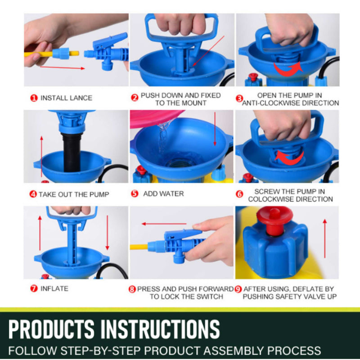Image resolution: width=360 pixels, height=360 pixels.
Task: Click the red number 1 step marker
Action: tap(33, 98)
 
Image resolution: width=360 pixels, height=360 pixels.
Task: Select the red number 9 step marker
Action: tap(238, 289)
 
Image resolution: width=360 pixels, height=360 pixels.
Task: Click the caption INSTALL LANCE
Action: tap(66, 98)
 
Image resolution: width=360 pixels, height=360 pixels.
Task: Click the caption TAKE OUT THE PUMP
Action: tap(74, 194)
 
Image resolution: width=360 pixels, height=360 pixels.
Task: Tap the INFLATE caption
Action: tap(54, 288)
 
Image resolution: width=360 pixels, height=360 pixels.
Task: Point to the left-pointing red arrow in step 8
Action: tap(164, 224)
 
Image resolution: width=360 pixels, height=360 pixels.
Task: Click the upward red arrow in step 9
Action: tap(324, 234)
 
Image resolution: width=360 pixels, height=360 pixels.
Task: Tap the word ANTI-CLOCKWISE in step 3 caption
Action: tap(270, 103)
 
